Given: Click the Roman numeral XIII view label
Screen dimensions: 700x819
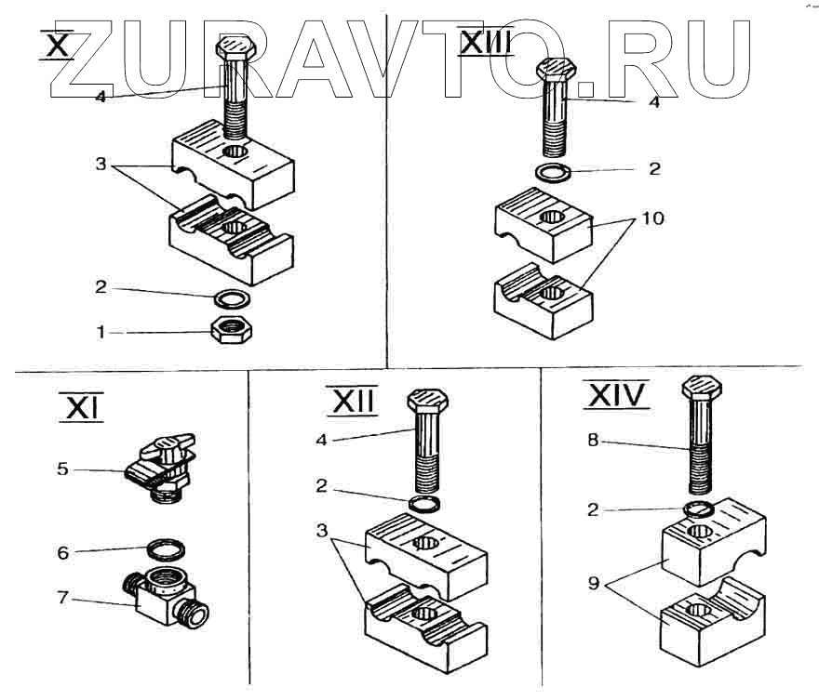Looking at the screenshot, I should click(487, 42).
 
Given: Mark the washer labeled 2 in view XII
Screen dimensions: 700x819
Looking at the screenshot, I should click(426, 503).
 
